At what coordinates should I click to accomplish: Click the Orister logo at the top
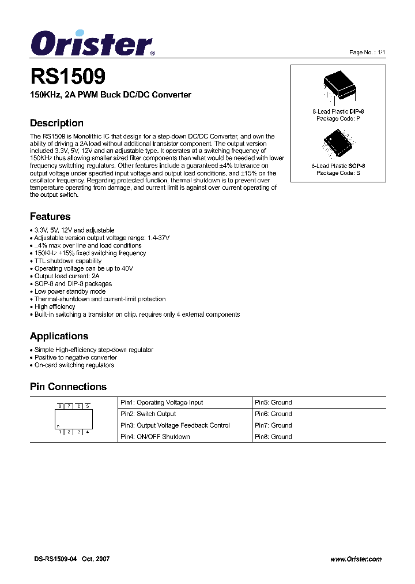91,43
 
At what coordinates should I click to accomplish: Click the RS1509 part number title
67,77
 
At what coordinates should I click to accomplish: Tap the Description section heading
56,123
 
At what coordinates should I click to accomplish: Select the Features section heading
50,216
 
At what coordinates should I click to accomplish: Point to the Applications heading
59,336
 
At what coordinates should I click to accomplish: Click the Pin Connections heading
68,387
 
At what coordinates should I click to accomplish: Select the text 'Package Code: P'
338,118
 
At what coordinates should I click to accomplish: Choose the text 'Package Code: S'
338,173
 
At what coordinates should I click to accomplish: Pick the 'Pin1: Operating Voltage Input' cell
161,402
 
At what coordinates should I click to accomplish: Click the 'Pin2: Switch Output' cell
148,414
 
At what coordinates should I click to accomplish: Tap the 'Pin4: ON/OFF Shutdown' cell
155,437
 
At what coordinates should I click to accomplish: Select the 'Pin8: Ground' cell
273,437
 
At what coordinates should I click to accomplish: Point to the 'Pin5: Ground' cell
273,402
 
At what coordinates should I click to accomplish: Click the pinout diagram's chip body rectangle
73,418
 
